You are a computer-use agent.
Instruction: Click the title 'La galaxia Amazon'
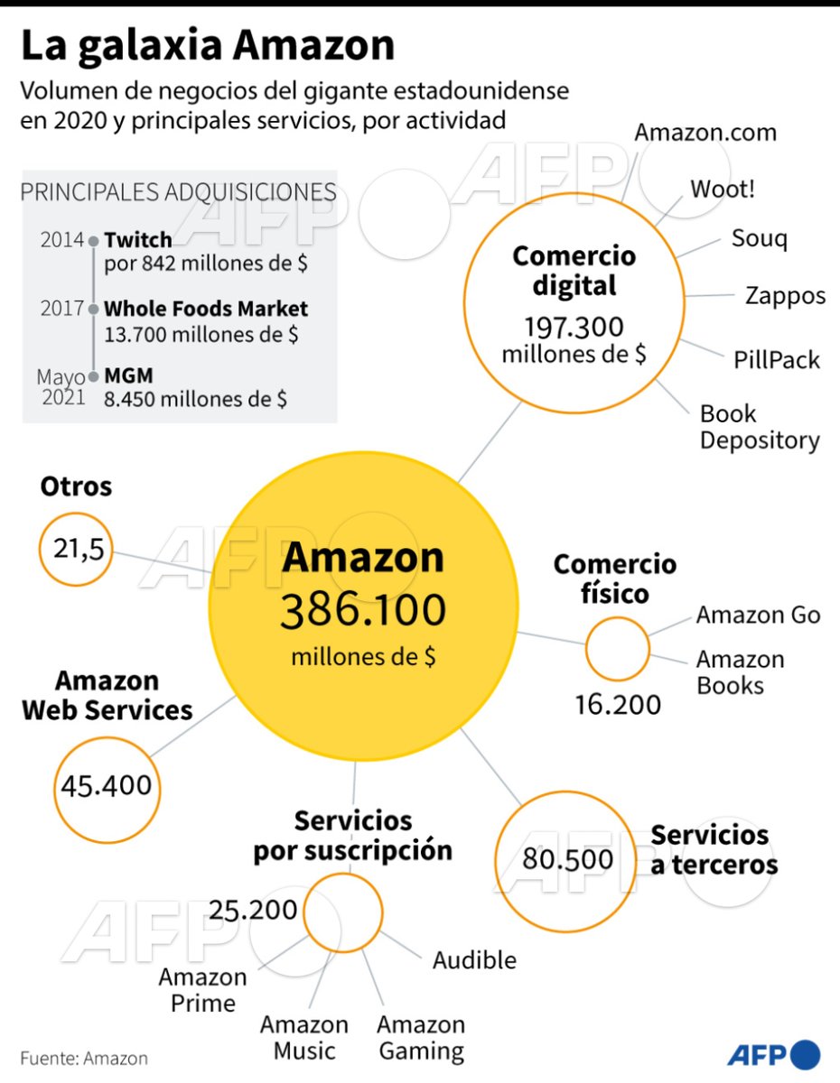coord(208,46)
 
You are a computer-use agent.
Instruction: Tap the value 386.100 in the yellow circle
coord(363,612)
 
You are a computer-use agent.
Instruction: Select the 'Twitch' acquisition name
coord(137,240)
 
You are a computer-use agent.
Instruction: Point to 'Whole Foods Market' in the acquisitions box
coord(206,309)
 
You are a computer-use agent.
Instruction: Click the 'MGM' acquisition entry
coord(128,375)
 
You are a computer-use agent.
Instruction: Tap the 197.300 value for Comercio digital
coord(574,327)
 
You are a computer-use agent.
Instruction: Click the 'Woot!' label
coord(723,190)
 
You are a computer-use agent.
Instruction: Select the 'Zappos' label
coord(785,295)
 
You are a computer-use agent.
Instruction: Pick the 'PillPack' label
coord(777,360)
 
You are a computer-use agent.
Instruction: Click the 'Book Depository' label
coord(760,427)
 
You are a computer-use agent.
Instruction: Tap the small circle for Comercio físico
coord(617,648)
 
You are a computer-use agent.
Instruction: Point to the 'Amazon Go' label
coord(758,616)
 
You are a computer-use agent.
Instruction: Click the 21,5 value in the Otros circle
coord(76,549)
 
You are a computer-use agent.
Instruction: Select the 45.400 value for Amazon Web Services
coord(106,784)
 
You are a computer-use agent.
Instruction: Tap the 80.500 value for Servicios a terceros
coord(567,859)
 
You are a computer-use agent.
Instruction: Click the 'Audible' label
coord(474,960)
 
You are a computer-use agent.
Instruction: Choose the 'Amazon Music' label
coord(304,1038)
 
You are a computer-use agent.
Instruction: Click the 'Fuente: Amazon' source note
coord(84,1058)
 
